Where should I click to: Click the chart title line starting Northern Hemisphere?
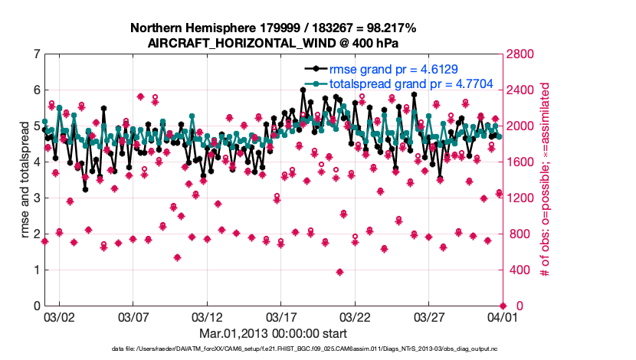[273, 28]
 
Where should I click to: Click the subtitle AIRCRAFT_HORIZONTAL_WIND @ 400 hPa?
[273, 43]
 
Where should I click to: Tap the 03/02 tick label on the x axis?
[60, 316]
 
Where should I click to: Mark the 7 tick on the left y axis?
[35, 54]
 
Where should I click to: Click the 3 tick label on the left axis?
[35, 198]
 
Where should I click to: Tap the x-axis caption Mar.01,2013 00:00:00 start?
[273, 334]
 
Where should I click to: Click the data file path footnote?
[273, 349]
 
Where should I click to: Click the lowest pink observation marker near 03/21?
[339, 272]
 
